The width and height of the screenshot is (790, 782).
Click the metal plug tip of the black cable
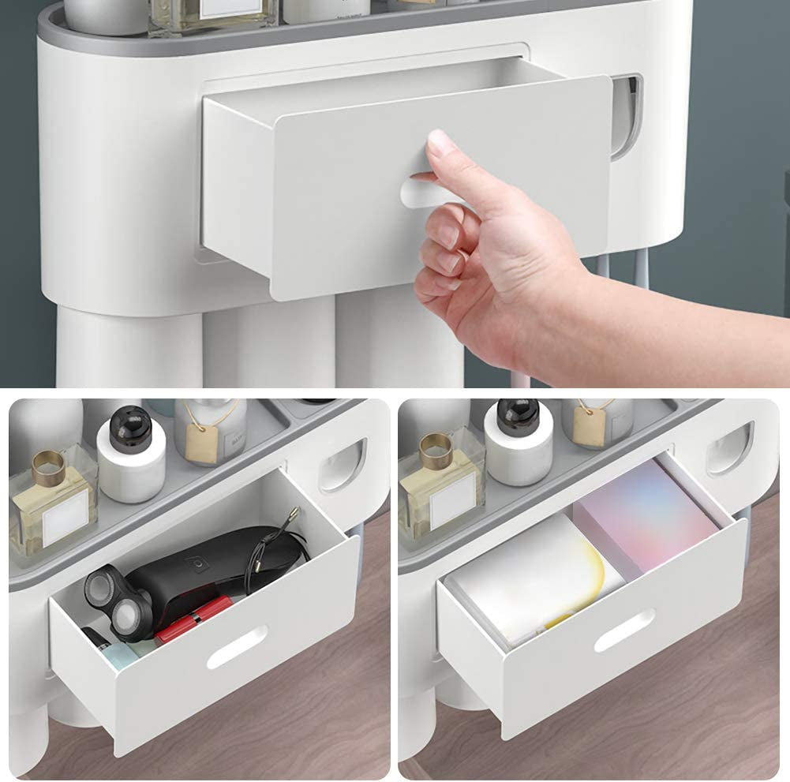tap(293, 514)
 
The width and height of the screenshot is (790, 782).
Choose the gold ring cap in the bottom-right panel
tap(439, 451)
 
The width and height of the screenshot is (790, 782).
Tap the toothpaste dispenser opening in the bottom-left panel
tap(344, 466)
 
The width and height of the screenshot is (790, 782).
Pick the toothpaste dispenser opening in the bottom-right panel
tap(730, 449)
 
